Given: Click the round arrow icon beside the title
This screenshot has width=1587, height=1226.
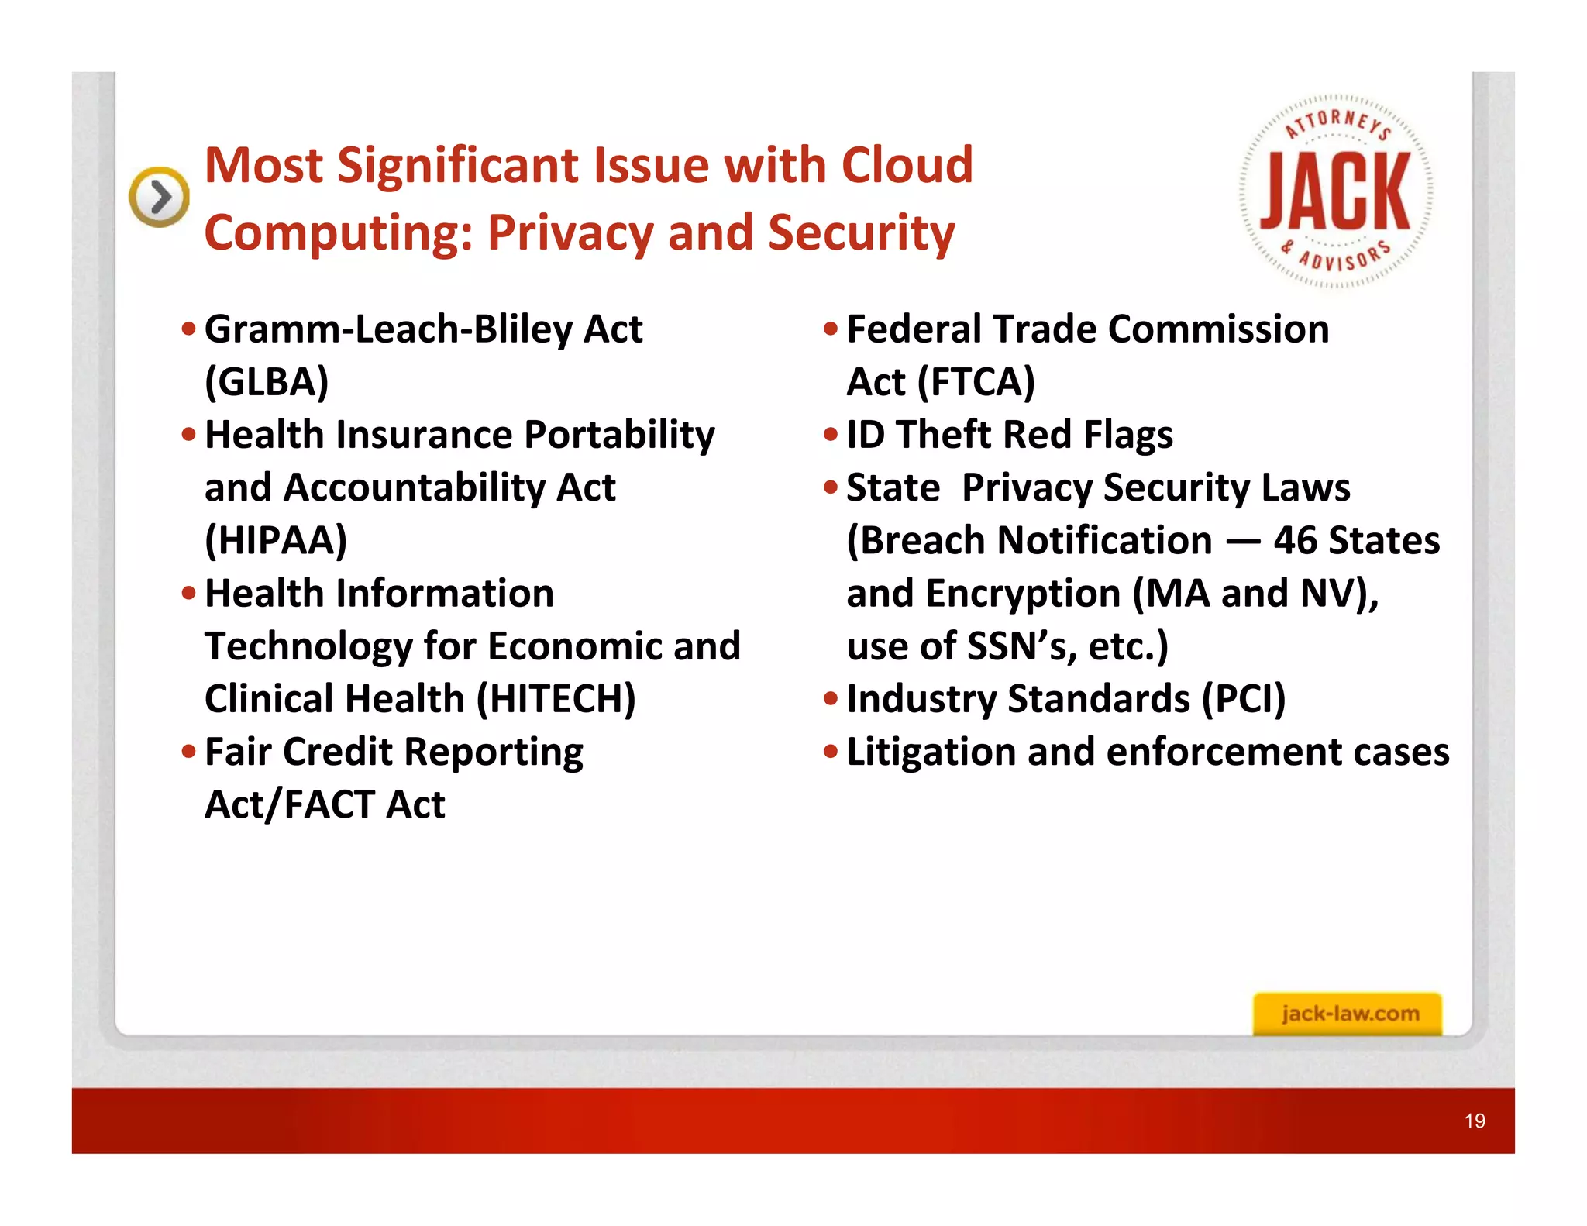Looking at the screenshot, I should [159, 197].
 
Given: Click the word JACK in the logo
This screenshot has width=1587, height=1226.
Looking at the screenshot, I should [1335, 191].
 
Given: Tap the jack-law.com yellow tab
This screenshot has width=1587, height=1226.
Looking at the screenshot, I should [1348, 1014].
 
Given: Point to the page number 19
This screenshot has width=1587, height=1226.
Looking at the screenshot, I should [1475, 1121].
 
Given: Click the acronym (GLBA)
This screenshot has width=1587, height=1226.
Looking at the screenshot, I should [267, 382].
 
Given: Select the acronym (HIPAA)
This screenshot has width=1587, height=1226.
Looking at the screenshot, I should [276, 541].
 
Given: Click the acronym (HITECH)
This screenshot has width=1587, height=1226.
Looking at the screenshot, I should [556, 699].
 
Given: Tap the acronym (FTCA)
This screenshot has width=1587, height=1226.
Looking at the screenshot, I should [976, 382].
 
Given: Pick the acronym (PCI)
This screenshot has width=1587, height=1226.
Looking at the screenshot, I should [1243, 699].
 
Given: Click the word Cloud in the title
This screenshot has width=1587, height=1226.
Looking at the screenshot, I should [907, 165].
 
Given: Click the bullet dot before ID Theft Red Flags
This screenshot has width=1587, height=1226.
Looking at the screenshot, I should [831, 434].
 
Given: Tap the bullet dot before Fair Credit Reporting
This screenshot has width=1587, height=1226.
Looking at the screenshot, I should [188, 751].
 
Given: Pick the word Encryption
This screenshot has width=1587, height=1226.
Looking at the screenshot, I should [1022, 594].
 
